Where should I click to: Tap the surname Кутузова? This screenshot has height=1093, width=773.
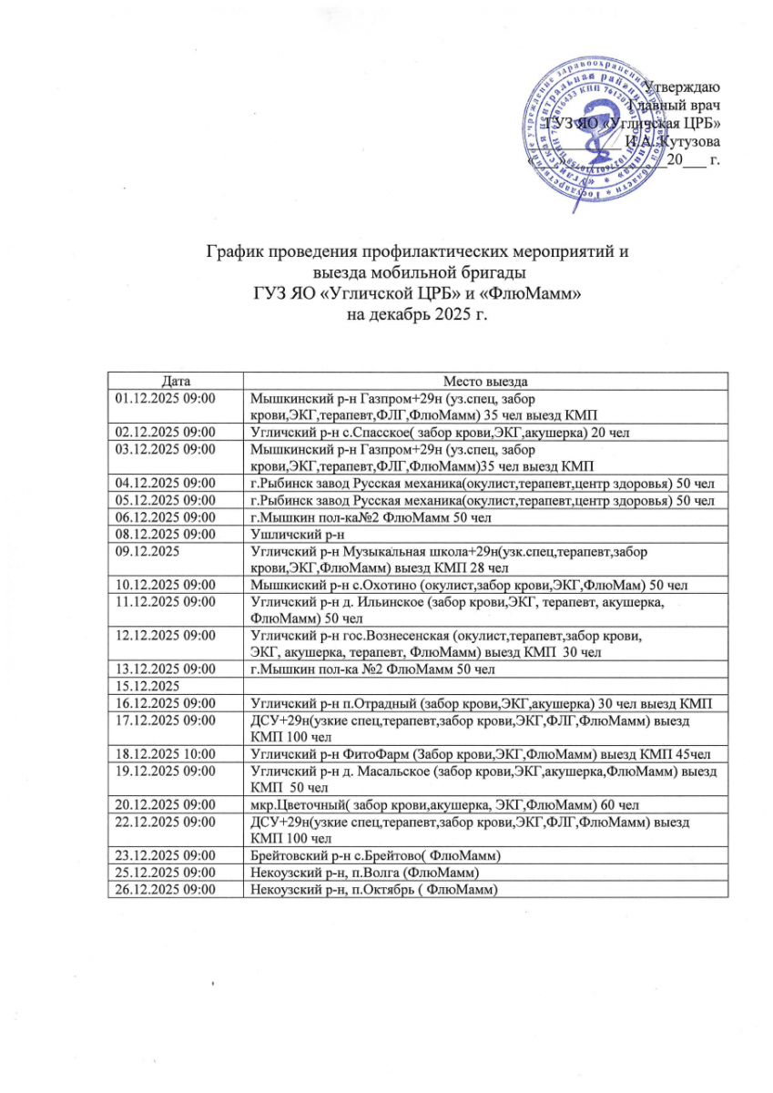tap(688, 142)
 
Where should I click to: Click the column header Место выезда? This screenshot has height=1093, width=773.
tap(486, 380)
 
